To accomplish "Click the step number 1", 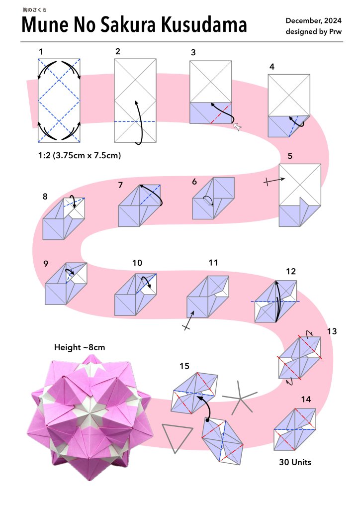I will tap(41, 51).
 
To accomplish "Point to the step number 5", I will tap(290, 155).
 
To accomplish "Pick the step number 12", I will tap(291, 272).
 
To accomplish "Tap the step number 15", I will tap(184, 366).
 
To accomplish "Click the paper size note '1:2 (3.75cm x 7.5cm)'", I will tap(80, 155).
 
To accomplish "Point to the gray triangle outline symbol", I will tap(177, 438).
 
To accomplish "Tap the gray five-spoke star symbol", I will tap(239, 399).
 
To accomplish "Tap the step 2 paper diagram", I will tap(135, 101).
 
